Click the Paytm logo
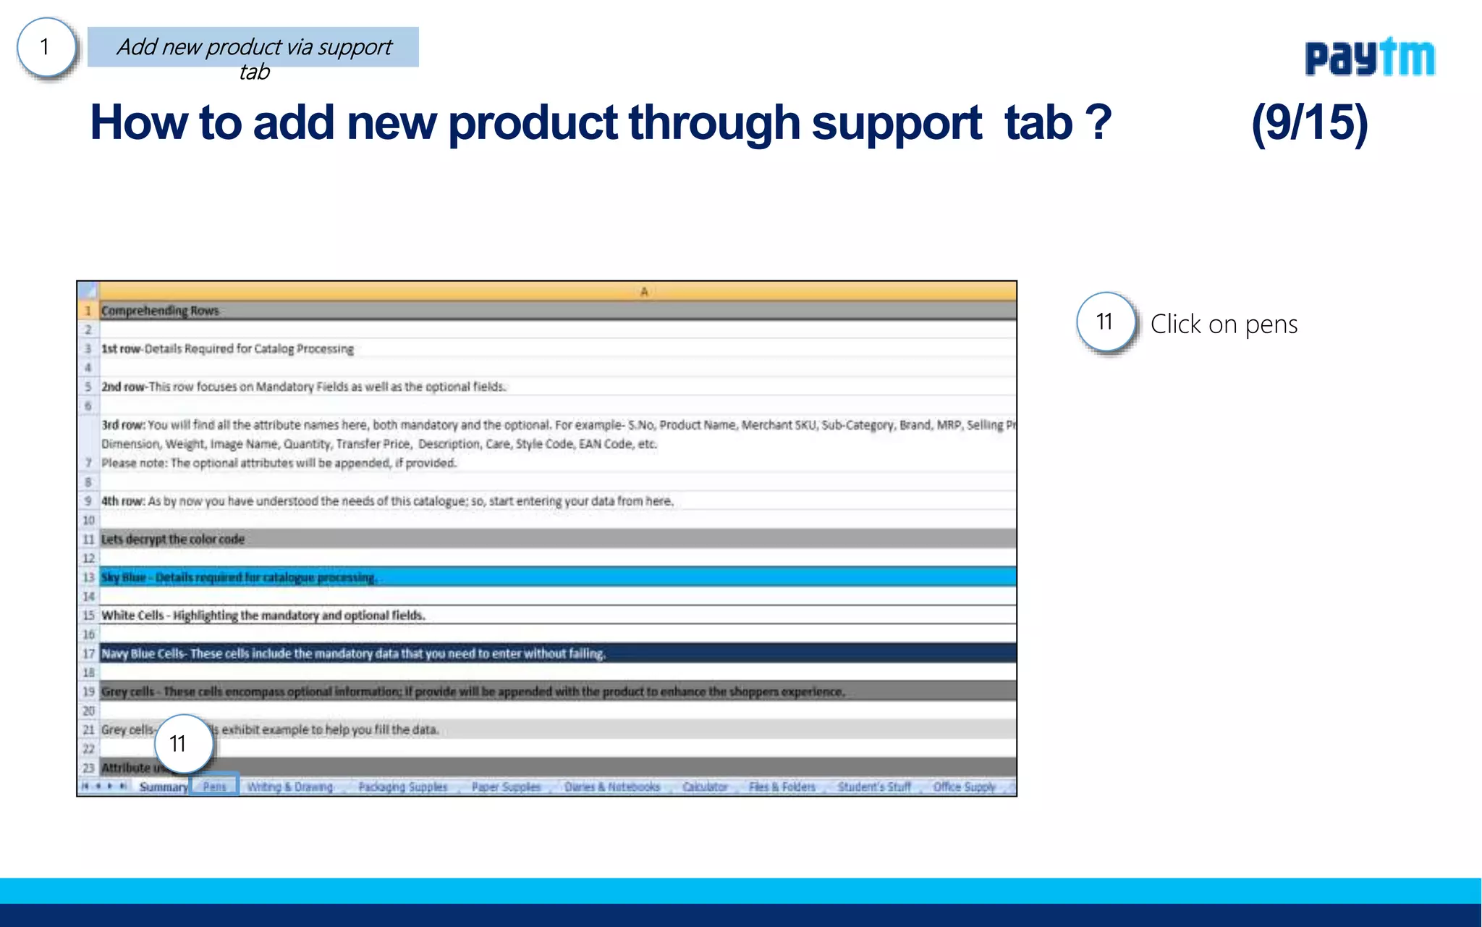click(1369, 58)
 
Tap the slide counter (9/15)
click(1309, 123)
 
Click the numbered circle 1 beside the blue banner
click(46, 48)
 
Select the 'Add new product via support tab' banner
click(253, 48)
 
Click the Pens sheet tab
click(214, 787)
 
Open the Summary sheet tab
click(163, 787)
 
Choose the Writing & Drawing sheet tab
click(289, 787)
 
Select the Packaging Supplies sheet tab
click(402, 787)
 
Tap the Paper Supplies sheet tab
click(506, 787)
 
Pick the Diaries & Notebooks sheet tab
click(612, 787)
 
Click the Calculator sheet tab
click(705, 787)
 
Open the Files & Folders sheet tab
click(782, 787)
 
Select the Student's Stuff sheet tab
click(874, 787)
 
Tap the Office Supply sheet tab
click(964, 787)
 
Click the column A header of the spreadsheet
click(643, 291)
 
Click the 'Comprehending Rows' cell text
click(160, 311)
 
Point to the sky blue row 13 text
click(239, 577)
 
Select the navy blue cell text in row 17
click(353, 654)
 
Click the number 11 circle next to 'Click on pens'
click(1105, 322)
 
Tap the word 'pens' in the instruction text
click(1271, 325)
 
